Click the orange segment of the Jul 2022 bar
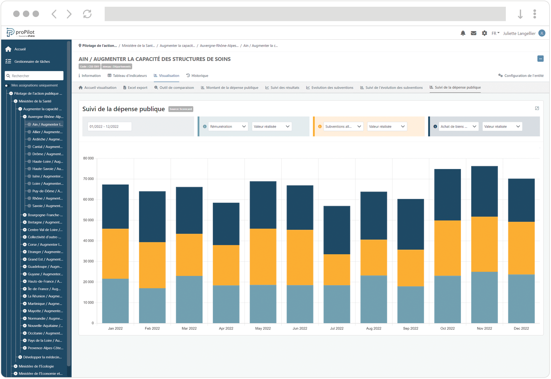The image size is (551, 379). coord(337,270)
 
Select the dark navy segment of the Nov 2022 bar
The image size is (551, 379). coord(484,191)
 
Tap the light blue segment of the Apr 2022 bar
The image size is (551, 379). coord(226,304)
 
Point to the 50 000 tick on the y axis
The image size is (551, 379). coord(88,220)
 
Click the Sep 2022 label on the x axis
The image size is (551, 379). coord(410,328)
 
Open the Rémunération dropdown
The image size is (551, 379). coord(228,127)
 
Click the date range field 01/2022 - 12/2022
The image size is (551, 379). coord(109,127)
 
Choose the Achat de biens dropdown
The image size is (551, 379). coord(458,127)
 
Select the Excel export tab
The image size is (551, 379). coord(135,88)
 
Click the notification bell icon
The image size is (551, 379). coord(463,33)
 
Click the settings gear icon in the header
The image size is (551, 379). coord(484,33)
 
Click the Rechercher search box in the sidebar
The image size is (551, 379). coord(34,76)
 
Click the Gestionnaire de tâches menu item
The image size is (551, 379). coord(32,62)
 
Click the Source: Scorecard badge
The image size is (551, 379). coord(181,109)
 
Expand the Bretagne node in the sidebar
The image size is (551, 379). coord(25,222)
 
